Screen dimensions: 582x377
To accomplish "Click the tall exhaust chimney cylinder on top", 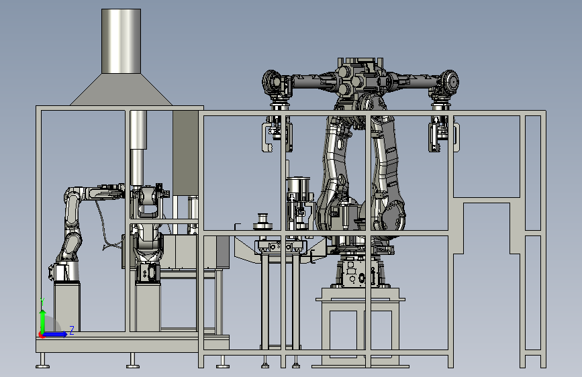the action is point(121,41).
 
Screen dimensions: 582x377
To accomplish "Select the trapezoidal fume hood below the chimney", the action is point(121,89).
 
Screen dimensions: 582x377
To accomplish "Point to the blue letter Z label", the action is point(72,330).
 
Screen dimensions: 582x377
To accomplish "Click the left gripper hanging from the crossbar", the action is point(277,132).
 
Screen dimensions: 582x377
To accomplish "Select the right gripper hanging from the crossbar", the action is point(444,132).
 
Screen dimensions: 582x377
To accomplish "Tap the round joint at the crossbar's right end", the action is point(449,82).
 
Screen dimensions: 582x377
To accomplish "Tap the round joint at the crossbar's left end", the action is point(272,82).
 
